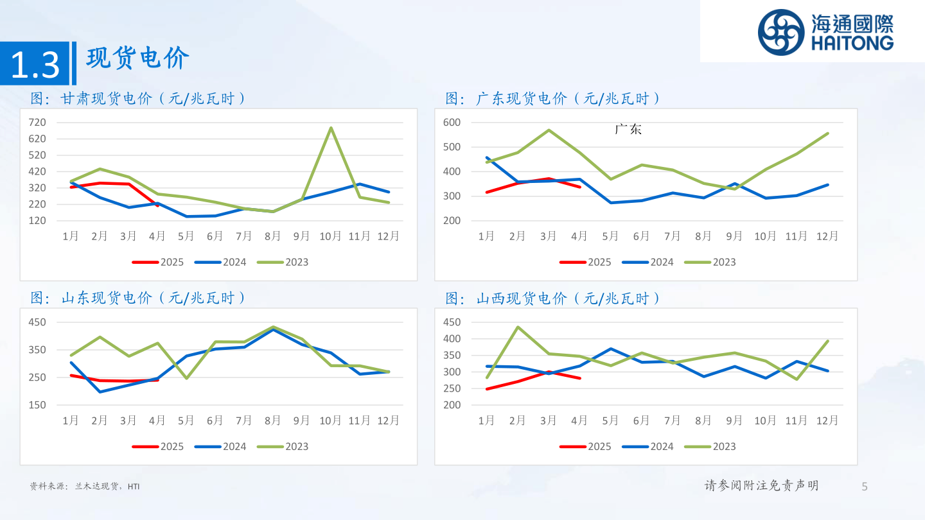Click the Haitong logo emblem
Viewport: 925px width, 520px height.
(780, 32)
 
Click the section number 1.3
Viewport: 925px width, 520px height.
(35, 65)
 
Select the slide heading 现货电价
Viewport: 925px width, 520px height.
(138, 58)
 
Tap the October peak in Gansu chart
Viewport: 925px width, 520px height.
(331, 128)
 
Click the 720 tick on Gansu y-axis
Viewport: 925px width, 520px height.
(37, 122)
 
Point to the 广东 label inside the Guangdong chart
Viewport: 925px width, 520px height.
(628, 130)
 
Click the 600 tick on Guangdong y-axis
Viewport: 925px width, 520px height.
(452, 122)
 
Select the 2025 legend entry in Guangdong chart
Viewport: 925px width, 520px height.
(586, 262)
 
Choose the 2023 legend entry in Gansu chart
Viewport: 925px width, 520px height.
(283, 262)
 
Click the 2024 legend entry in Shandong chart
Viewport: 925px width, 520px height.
(221, 446)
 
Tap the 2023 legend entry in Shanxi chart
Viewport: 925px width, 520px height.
(710, 446)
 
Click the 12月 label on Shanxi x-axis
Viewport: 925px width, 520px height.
(827, 420)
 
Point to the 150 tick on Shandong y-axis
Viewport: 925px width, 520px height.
(37, 404)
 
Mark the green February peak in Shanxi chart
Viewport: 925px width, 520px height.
(518, 327)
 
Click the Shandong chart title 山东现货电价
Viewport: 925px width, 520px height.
(138, 298)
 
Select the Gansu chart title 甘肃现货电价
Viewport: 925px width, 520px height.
(138, 98)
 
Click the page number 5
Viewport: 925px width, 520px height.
(864, 486)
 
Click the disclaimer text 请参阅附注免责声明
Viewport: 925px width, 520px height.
(761, 485)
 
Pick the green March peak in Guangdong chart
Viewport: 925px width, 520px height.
(549, 130)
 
